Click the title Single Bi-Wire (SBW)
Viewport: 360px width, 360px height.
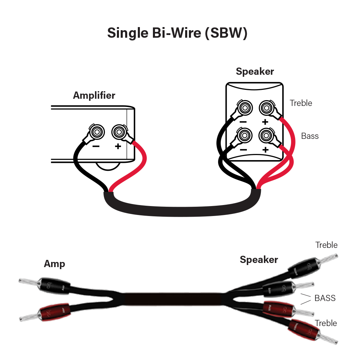[177, 33]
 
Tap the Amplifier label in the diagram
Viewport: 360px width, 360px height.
[94, 95]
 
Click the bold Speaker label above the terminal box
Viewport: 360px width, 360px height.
[255, 72]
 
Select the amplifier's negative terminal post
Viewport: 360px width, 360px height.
[97, 131]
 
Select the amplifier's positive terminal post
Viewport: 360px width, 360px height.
[119, 131]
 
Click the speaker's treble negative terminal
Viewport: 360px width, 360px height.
[244, 108]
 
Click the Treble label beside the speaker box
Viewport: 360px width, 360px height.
[301, 103]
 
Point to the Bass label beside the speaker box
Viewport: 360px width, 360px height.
[310, 136]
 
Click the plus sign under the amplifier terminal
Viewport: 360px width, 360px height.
[118, 146]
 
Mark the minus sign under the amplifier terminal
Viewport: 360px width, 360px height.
[96, 146]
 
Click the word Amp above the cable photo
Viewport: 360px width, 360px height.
[54, 264]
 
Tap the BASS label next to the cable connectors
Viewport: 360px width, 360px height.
[325, 298]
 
